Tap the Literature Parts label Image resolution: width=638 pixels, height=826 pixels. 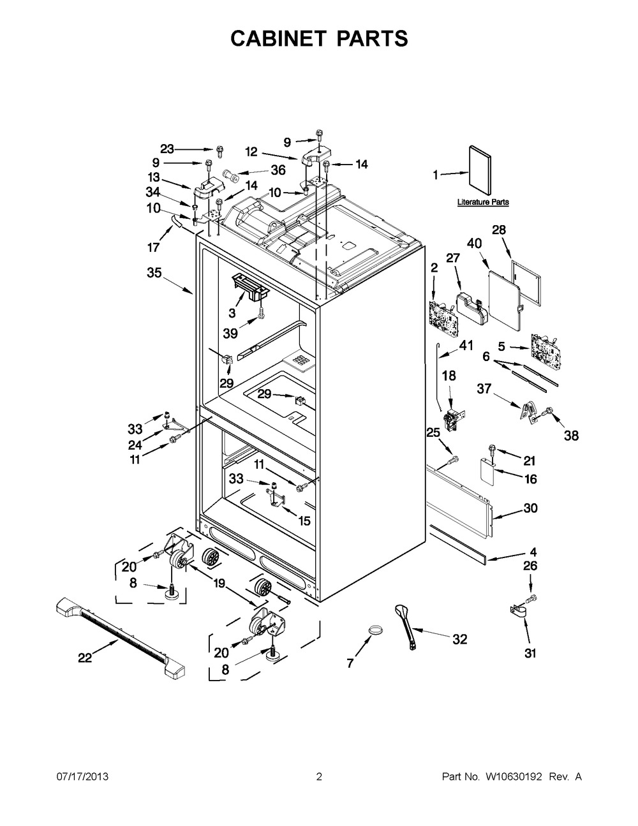[x=483, y=202]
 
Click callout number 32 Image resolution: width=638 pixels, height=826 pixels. [x=459, y=639]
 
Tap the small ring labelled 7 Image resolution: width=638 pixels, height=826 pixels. [x=378, y=631]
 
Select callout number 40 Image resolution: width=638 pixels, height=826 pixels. [x=474, y=243]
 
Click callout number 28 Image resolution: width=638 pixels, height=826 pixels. [x=499, y=230]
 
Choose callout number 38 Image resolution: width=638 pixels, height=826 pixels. [x=571, y=436]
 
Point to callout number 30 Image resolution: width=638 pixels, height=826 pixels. [x=530, y=508]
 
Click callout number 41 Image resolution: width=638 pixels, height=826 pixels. [x=466, y=346]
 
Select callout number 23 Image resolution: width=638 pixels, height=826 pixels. [x=167, y=149]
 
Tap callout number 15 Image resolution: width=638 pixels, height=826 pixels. [x=304, y=520]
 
